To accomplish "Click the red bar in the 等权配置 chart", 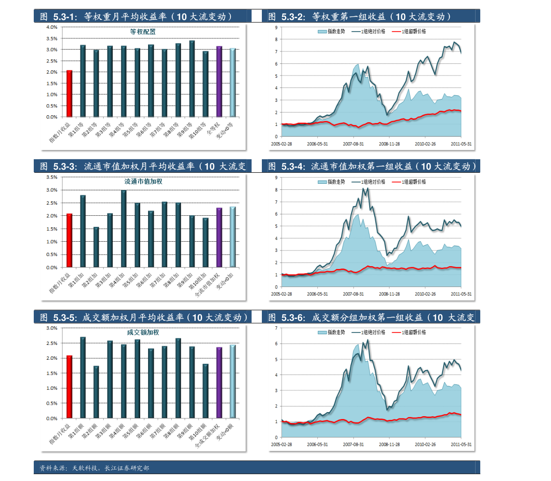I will [69, 94].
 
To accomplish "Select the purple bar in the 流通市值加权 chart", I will [219, 237].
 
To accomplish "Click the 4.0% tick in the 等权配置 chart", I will [52, 27].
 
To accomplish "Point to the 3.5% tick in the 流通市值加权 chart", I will [52, 177].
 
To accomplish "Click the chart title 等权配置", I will [142, 32].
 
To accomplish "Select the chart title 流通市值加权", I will [143, 182].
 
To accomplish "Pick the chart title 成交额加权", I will [143, 332].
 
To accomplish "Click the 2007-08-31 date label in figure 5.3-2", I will [353, 144].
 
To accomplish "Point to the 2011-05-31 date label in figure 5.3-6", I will [461, 444].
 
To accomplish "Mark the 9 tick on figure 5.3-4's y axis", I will [276, 178].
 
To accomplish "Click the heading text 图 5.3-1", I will [58, 17].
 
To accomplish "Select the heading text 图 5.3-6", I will [286, 318].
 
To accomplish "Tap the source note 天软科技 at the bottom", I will [85, 468].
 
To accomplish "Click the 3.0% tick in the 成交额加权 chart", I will [52, 328].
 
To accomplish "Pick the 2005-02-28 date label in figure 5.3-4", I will [281, 294].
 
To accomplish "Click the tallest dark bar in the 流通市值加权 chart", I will [124, 229].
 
